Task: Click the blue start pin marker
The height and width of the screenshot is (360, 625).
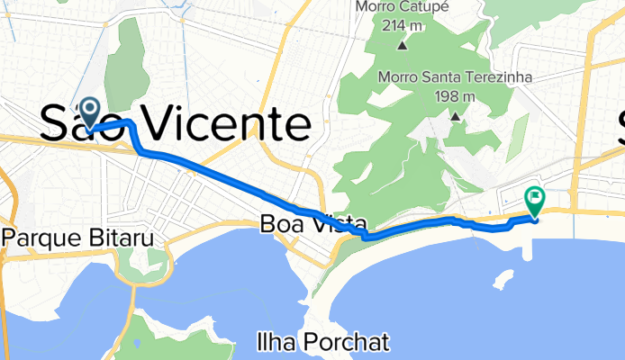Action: click(x=91, y=112)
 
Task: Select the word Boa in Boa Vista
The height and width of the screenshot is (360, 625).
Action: click(x=280, y=223)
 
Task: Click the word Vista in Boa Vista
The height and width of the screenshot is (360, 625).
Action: click(x=334, y=223)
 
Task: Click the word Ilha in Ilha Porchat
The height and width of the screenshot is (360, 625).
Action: click(x=274, y=342)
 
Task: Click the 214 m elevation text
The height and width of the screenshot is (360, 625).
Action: click(x=402, y=24)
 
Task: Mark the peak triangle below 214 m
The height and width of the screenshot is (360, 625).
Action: click(x=402, y=43)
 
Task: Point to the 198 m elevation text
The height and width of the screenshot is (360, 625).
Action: click(x=455, y=96)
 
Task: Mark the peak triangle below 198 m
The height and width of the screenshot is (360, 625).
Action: click(x=455, y=116)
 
